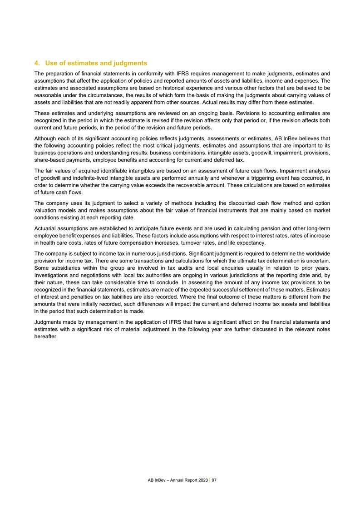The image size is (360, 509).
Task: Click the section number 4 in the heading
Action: pos(37,63)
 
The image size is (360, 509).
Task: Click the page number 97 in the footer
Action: pos(214,479)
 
